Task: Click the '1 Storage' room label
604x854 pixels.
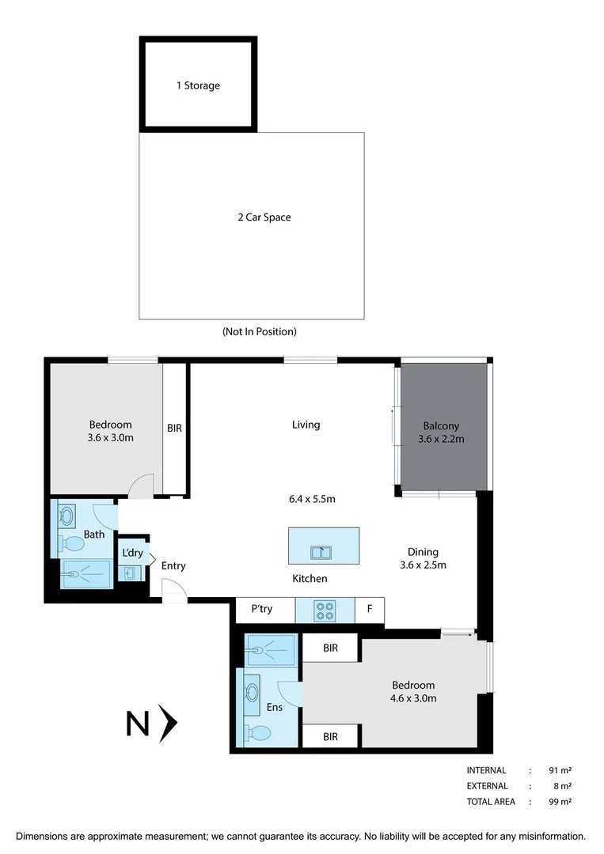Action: [x=198, y=85]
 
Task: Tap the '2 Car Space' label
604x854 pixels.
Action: [x=264, y=217]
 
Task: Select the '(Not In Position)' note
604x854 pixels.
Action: [x=260, y=332]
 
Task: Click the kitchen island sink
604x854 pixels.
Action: [x=321, y=552]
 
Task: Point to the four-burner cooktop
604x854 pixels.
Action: [x=325, y=610]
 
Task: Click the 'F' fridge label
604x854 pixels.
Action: [x=369, y=609]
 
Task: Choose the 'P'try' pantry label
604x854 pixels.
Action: [x=262, y=609]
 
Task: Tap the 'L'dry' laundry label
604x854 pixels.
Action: [x=131, y=553]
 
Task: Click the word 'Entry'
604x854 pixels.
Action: [x=173, y=566]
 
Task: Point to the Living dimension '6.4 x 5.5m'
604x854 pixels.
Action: [x=312, y=499]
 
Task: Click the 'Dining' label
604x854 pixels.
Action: [x=423, y=552]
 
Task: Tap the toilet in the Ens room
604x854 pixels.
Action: [x=256, y=733]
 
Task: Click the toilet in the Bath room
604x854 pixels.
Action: [x=74, y=544]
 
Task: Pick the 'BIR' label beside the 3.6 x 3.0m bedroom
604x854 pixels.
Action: [x=175, y=428]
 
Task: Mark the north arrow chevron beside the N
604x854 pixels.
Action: [x=167, y=724]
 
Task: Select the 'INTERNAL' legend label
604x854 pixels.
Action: [x=487, y=770]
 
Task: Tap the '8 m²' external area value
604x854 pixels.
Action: [x=564, y=786]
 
